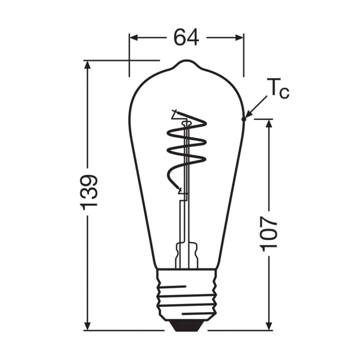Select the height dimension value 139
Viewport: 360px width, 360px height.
pyautogui.click(x=89, y=191)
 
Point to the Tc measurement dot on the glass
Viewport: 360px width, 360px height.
pyautogui.click(x=243, y=119)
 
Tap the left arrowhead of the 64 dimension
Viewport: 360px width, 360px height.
pyautogui.click(x=133, y=37)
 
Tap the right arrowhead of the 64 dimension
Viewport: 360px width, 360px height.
pyautogui.click(x=239, y=37)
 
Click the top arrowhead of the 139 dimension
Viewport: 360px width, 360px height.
pyautogui.click(x=88, y=65)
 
